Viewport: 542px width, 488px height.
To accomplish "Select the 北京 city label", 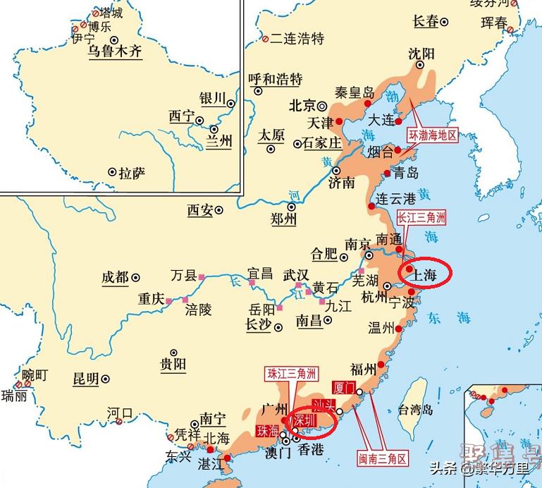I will (302, 105).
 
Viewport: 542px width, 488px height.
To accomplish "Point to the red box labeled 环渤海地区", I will (433, 135).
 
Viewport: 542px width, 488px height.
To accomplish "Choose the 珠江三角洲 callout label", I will (291, 374).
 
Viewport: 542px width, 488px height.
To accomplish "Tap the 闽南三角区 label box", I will (383, 459).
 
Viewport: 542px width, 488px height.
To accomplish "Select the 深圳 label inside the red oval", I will (304, 420).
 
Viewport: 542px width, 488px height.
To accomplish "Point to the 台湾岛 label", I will (415, 409).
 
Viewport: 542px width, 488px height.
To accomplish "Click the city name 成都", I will (115, 277).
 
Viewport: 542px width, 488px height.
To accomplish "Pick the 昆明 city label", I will (86, 379).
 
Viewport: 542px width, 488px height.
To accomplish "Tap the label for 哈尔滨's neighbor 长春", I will (426, 22).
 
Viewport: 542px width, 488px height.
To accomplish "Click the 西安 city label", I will (199, 209).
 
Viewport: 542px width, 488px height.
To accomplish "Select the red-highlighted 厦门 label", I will (345, 387).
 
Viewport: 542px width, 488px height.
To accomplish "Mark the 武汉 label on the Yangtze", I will (296, 274).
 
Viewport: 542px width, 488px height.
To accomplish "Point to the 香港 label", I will (311, 449).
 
